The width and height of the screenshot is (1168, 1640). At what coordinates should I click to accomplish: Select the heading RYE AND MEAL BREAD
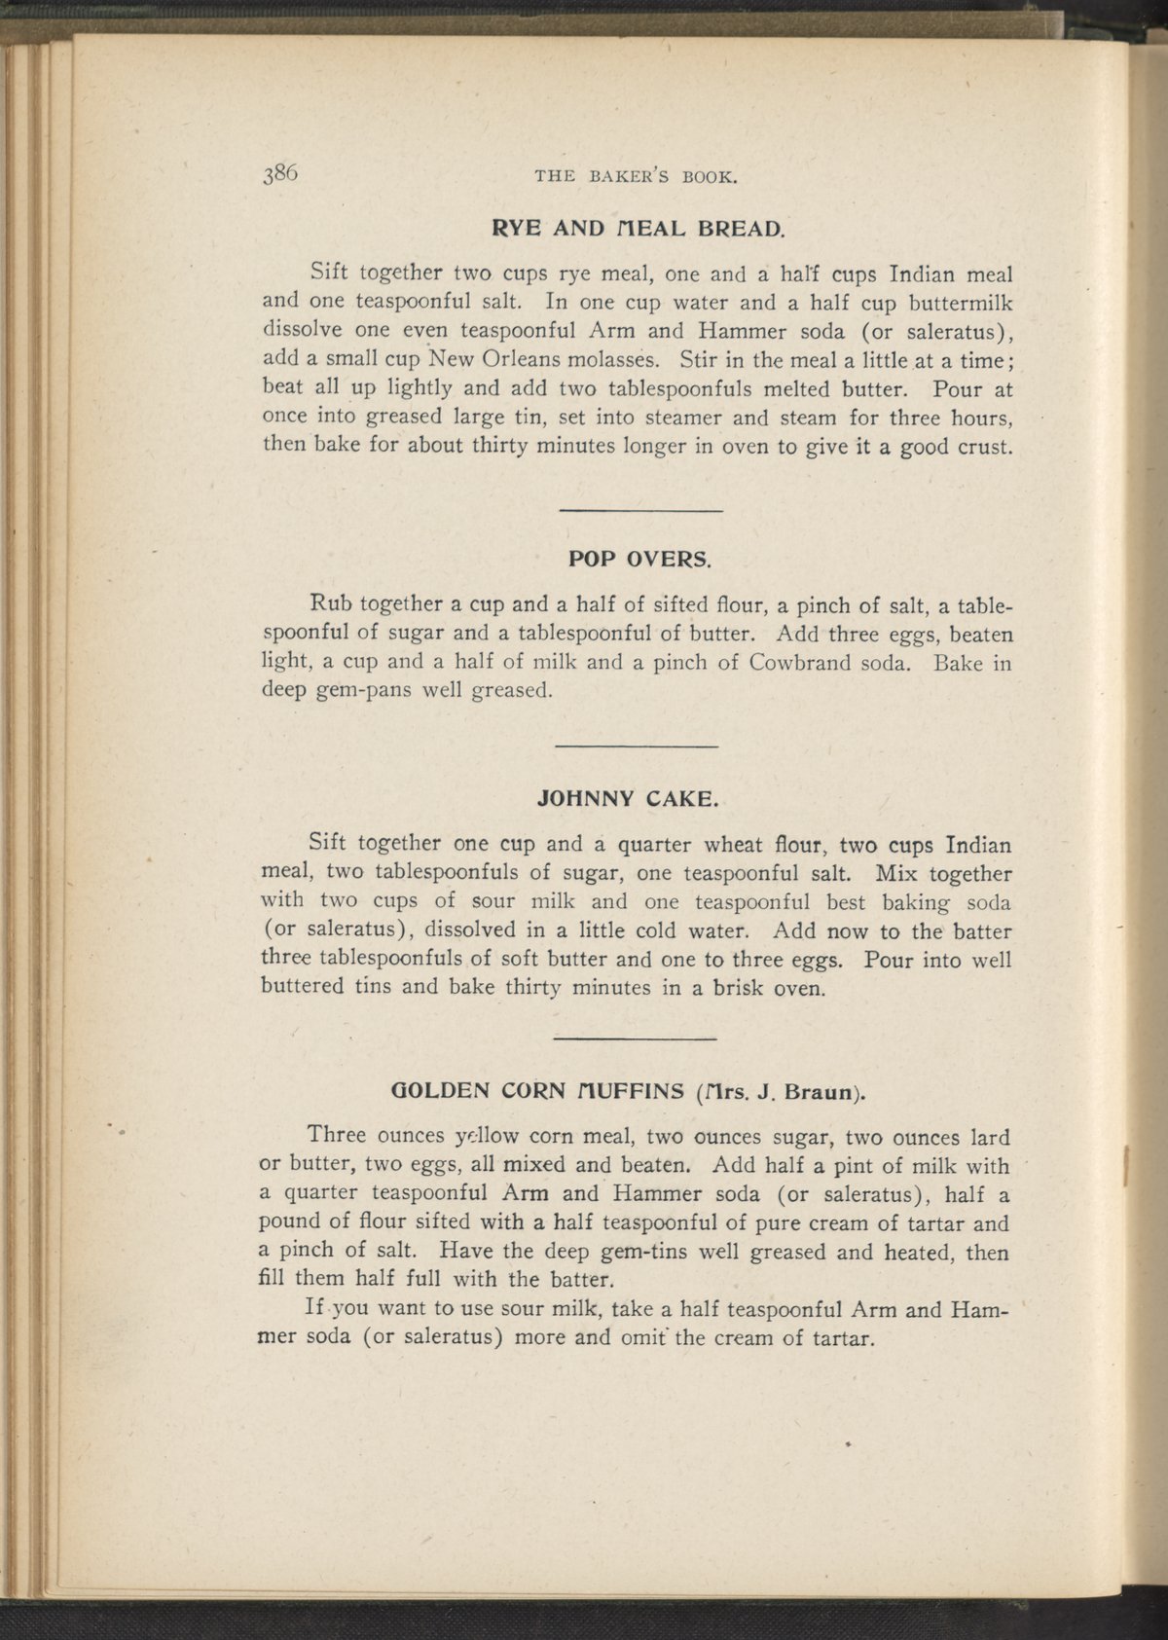(635, 232)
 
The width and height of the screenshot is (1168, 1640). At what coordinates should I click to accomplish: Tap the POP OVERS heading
(639, 561)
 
